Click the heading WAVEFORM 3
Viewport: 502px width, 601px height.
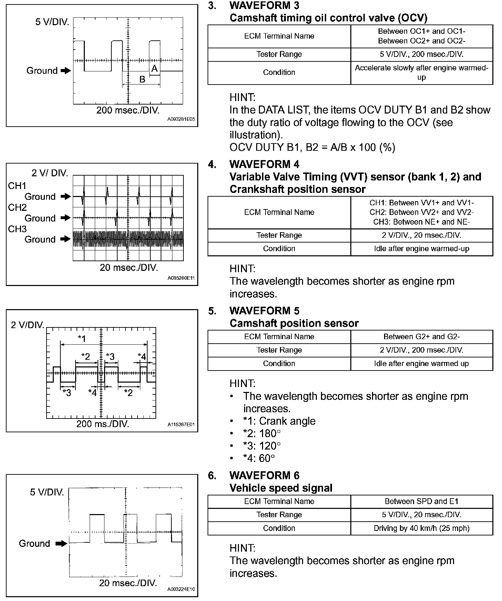coord(264,6)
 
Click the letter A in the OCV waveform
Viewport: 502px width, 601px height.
coord(154,68)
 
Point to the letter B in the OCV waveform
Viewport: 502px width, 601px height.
coord(142,79)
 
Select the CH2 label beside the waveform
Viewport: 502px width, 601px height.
coord(17,207)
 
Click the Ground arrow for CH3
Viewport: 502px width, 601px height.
coord(65,239)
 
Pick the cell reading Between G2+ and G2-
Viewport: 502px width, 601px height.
coord(421,337)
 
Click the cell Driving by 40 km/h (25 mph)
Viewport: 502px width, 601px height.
coord(421,528)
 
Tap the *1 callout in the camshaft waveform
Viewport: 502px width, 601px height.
coord(82,338)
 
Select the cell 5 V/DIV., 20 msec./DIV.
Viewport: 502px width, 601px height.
coord(421,515)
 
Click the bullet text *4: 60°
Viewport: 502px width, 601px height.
coord(259,458)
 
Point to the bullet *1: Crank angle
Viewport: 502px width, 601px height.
coord(279,421)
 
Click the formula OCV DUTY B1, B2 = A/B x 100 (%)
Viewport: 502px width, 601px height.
coord(312,147)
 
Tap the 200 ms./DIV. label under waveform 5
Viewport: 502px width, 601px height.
coord(103,424)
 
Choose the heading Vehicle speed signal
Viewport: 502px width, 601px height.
coord(281,488)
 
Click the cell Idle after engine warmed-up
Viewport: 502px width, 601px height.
coord(421,249)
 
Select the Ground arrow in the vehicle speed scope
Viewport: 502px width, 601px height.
coord(61,544)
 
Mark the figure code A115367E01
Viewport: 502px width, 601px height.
coord(181,425)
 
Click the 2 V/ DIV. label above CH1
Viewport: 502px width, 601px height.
coord(50,173)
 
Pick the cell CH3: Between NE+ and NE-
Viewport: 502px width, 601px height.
coord(421,222)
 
